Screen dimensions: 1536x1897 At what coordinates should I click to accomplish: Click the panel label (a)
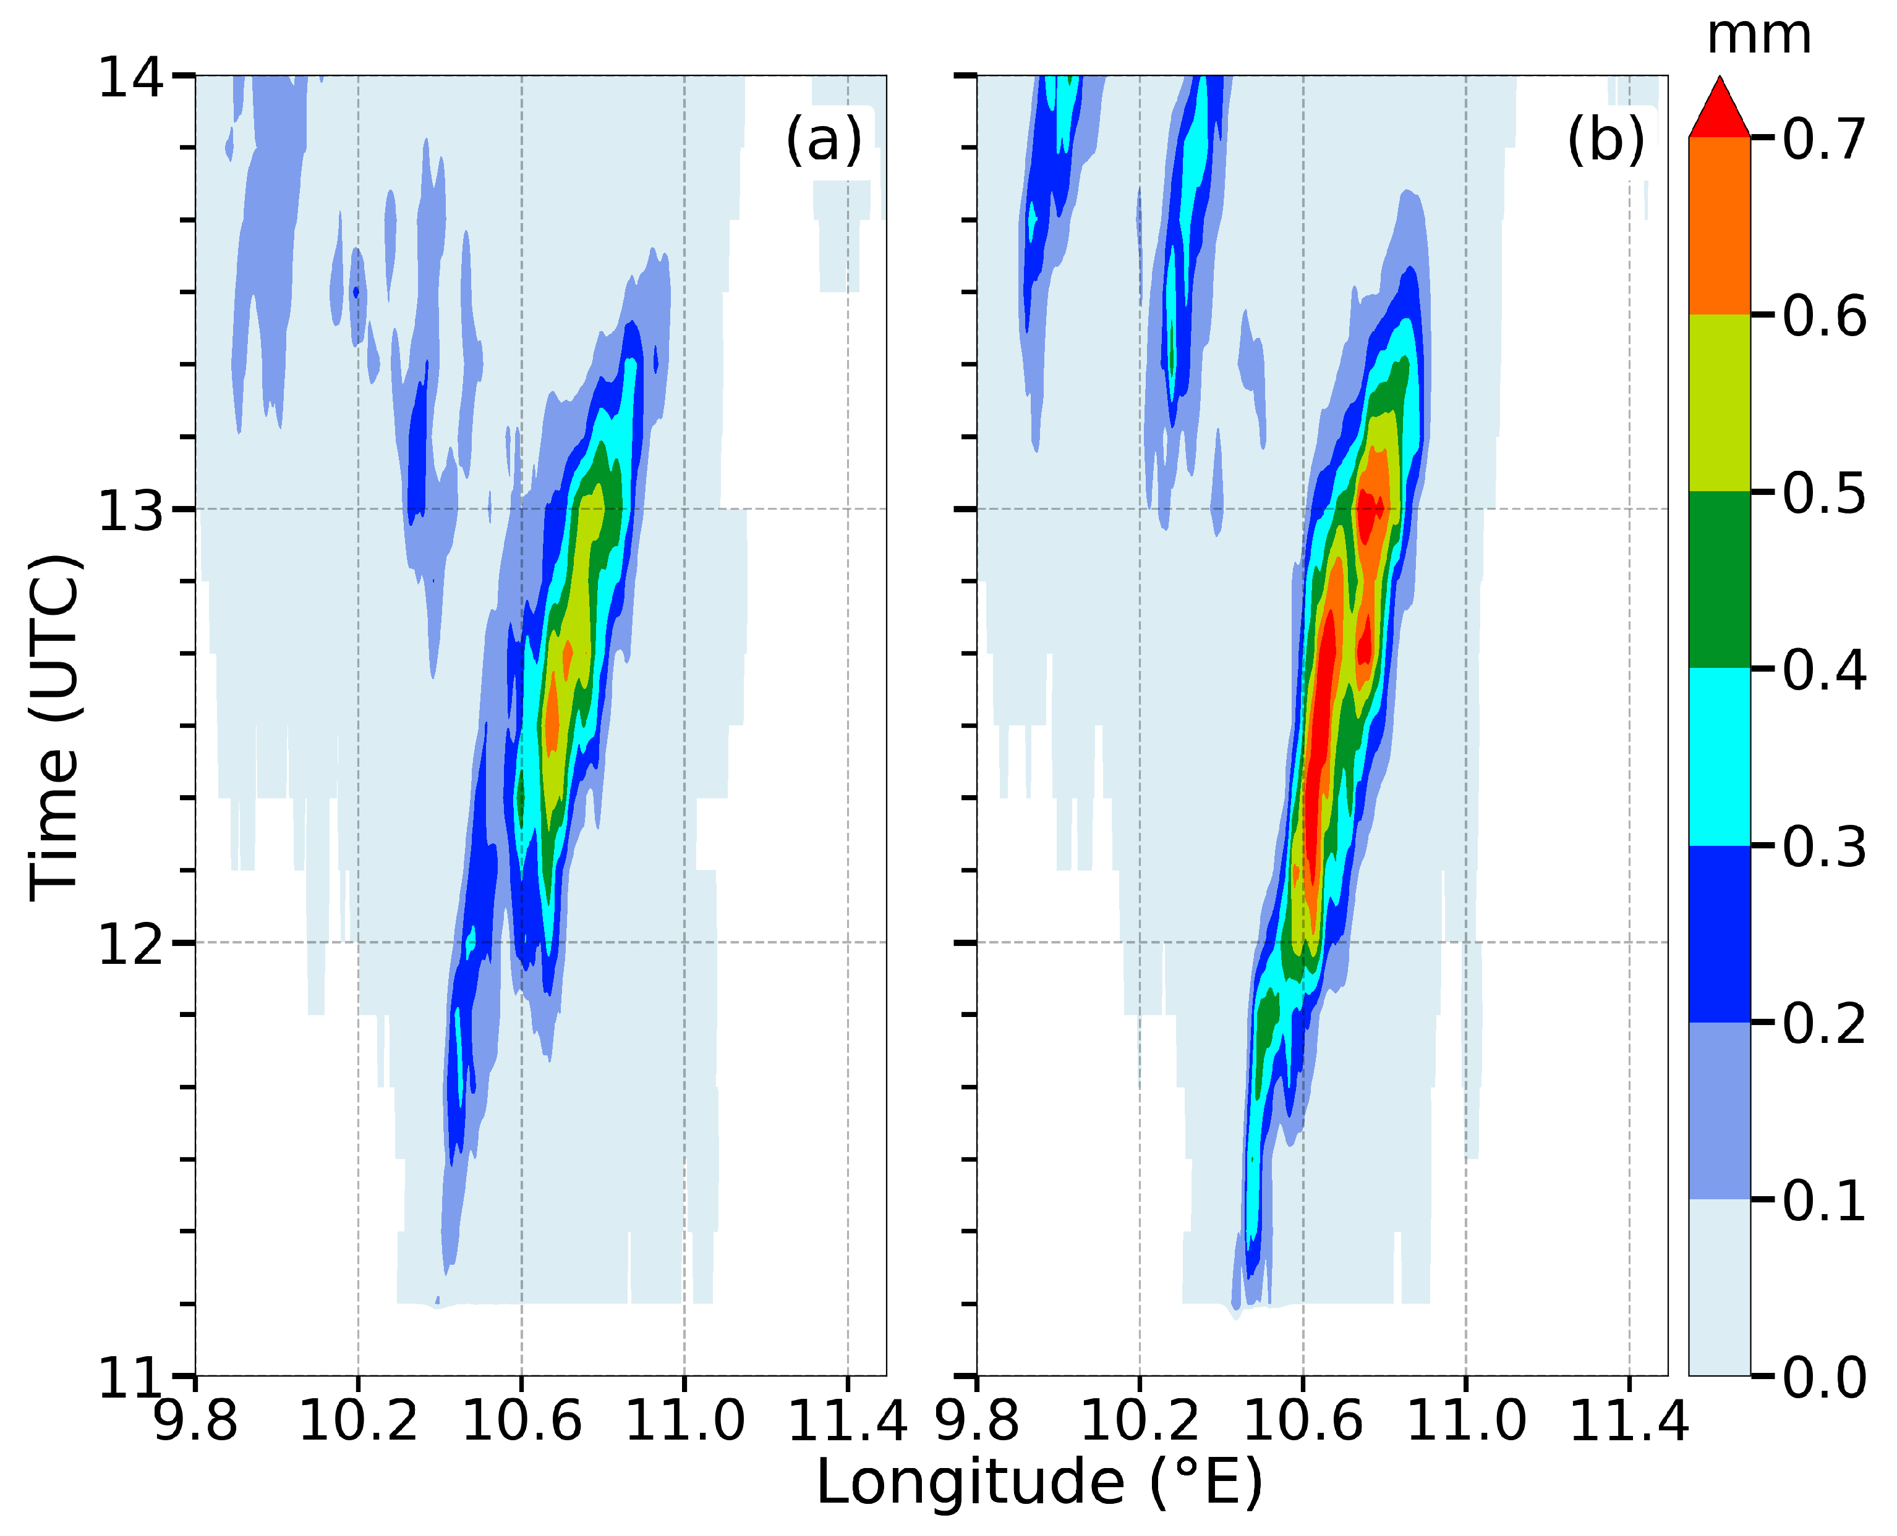tap(823, 140)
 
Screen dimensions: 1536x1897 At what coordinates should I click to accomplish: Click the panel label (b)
tap(1606, 140)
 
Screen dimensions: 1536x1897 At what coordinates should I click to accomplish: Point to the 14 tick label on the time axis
tap(131, 78)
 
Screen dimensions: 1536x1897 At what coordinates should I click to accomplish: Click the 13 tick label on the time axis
tap(131, 510)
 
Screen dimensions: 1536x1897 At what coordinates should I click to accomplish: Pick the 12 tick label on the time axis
tap(131, 944)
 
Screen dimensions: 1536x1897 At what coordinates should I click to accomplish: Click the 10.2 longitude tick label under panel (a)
tap(357, 1422)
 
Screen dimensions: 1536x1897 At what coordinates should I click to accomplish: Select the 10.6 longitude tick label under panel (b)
tap(1302, 1422)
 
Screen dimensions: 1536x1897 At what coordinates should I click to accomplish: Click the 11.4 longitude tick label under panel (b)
tap(1629, 1422)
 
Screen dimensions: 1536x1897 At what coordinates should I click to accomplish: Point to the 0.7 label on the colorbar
tap(1823, 139)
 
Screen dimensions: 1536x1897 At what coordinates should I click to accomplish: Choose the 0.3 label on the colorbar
tap(1823, 846)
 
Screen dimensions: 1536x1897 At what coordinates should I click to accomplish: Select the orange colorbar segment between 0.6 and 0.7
tap(1719, 226)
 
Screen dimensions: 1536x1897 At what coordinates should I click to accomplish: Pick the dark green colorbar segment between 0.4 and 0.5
tap(1719, 580)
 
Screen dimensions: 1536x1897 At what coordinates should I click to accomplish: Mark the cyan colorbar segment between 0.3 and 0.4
tap(1719, 756)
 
